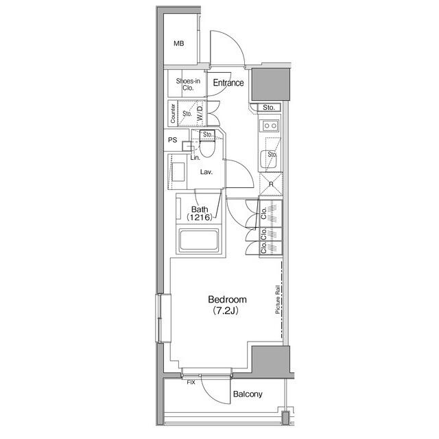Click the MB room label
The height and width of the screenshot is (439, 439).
(179, 43)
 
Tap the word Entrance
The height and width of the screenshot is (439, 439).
(228, 82)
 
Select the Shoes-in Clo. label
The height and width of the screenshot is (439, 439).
(188, 84)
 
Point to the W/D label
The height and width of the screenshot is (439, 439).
(200, 113)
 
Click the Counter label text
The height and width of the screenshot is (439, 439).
(173, 113)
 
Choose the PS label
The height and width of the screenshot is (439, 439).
(173, 140)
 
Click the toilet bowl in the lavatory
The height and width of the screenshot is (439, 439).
(207, 148)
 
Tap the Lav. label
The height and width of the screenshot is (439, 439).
(206, 172)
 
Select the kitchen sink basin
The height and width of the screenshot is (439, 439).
(268, 159)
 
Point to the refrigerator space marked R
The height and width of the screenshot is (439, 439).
(271, 185)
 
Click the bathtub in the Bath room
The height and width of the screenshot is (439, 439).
(199, 239)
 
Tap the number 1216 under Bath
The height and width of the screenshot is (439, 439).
(200, 217)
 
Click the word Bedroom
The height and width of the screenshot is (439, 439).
(227, 300)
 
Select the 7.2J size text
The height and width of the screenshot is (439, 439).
(226, 311)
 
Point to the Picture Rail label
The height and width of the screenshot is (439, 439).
(278, 300)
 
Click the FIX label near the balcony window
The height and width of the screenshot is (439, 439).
(191, 382)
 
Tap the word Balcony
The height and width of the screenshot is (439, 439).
(248, 394)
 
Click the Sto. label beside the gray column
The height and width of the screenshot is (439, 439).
(269, 107)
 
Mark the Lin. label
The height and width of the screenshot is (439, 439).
(195, 158)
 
